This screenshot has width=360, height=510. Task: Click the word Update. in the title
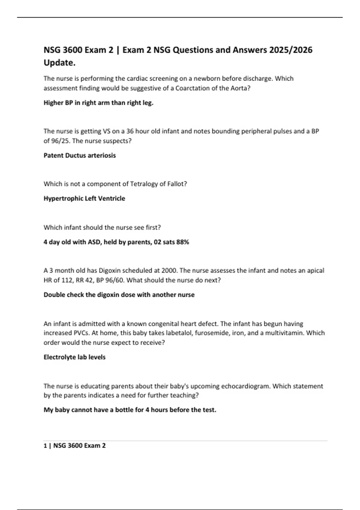(59, 63)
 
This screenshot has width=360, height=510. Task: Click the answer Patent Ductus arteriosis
(79, 155)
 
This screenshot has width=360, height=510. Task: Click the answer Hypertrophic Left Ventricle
(84, 198)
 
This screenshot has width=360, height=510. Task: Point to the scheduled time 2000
(169, 271)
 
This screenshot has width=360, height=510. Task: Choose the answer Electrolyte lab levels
(74, 357)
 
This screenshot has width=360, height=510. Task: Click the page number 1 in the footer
(45, 446)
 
